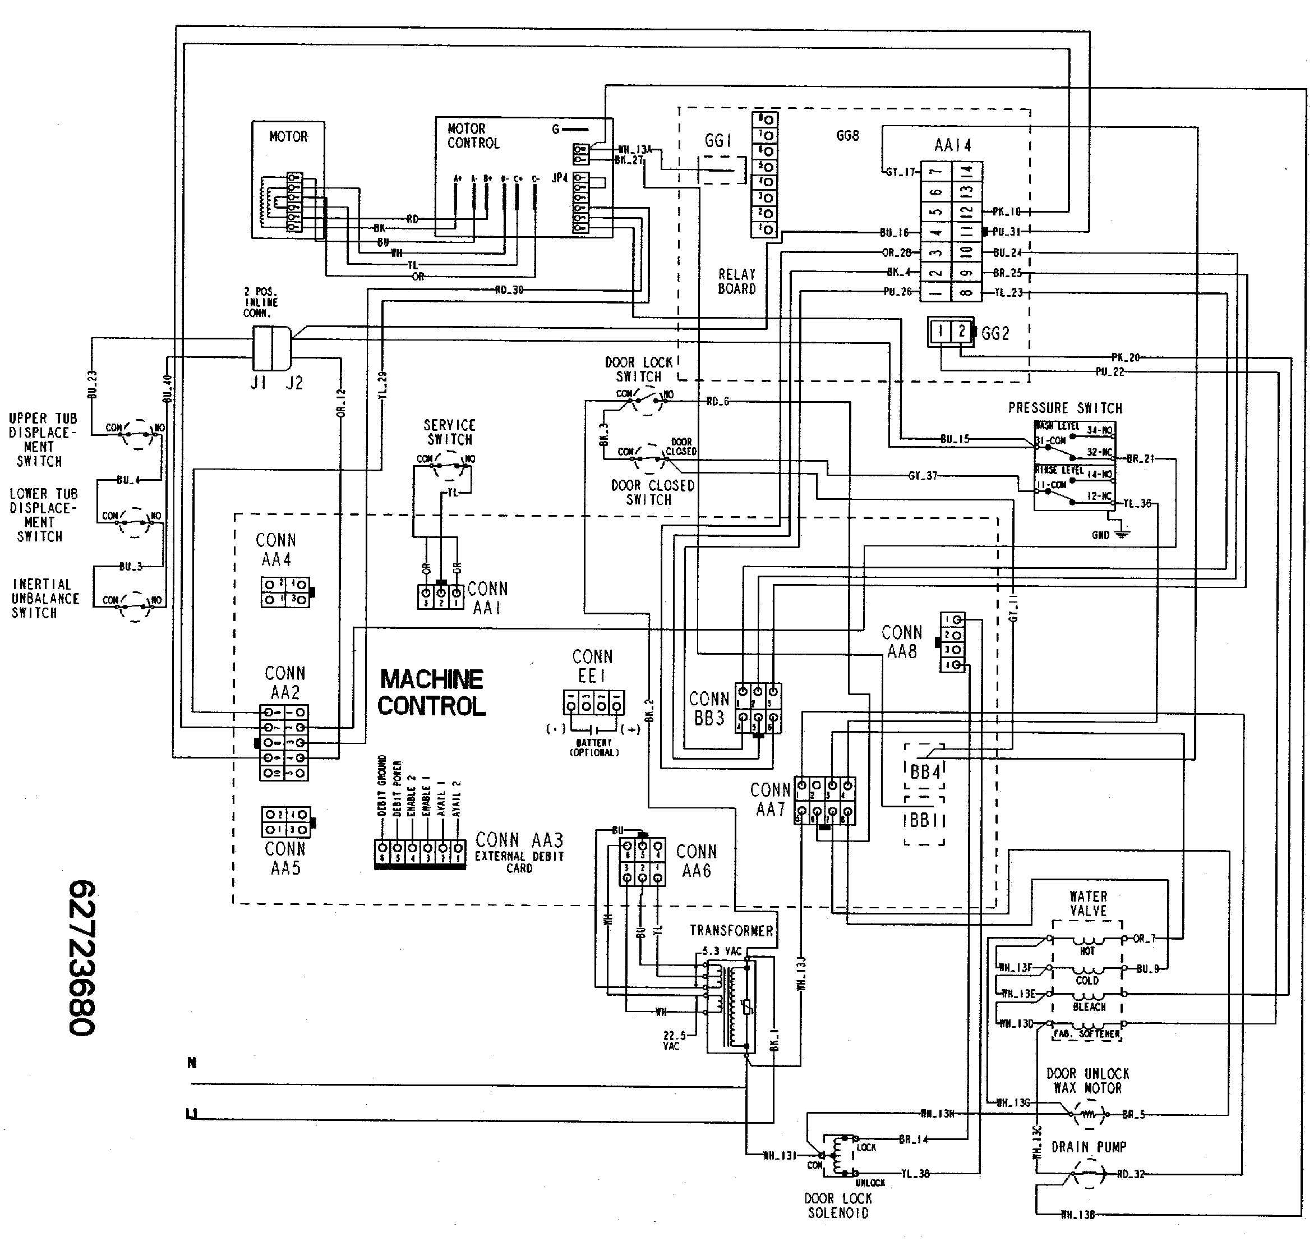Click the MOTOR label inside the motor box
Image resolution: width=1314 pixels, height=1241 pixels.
click(x=288, y=137)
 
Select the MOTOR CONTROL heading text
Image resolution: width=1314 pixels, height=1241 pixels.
click(x=473, y=136)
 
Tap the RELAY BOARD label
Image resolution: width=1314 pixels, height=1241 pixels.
click(x=737, y=281)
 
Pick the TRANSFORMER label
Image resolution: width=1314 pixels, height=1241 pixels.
click(x=731, y=931)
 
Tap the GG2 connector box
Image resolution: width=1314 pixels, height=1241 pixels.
click(x=950, y=332)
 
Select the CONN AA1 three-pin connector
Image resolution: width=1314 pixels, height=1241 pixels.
click(x=440, y=596)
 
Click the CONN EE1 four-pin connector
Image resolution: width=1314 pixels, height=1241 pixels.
click(x=593, y=702)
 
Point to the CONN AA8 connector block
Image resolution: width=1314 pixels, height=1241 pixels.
click(x=952, y=642)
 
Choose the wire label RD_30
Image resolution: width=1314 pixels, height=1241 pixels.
click(x=509, y=289)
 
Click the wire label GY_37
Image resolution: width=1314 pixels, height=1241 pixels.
click(x=923, y=476)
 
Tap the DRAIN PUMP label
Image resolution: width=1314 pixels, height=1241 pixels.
click(x=1089, y=1146)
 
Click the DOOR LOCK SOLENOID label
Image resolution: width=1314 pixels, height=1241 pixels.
click(x=838, y=1205)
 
